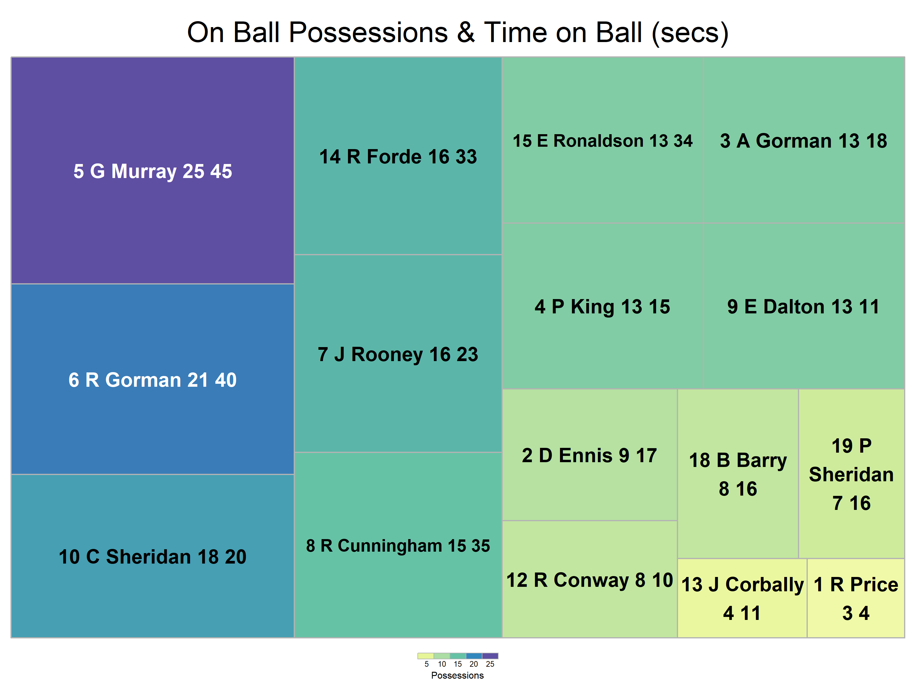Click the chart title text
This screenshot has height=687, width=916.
458,33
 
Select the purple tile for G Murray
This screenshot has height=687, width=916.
152,170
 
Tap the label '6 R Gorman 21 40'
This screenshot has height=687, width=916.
152,380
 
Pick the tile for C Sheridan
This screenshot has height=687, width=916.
152,556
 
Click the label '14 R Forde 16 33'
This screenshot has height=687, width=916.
398,157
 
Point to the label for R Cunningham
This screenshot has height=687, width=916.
398,546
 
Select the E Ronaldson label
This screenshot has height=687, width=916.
603,141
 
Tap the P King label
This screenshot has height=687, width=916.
603,307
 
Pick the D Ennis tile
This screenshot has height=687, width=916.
590,455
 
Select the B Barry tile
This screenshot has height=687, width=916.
738,474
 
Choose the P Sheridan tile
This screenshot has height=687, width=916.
851,474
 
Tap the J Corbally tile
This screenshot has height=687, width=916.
742,598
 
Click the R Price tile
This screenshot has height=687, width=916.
856,598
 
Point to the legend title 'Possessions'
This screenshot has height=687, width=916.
458,675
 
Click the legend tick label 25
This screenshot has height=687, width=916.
490,664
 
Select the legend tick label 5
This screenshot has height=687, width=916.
426,664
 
